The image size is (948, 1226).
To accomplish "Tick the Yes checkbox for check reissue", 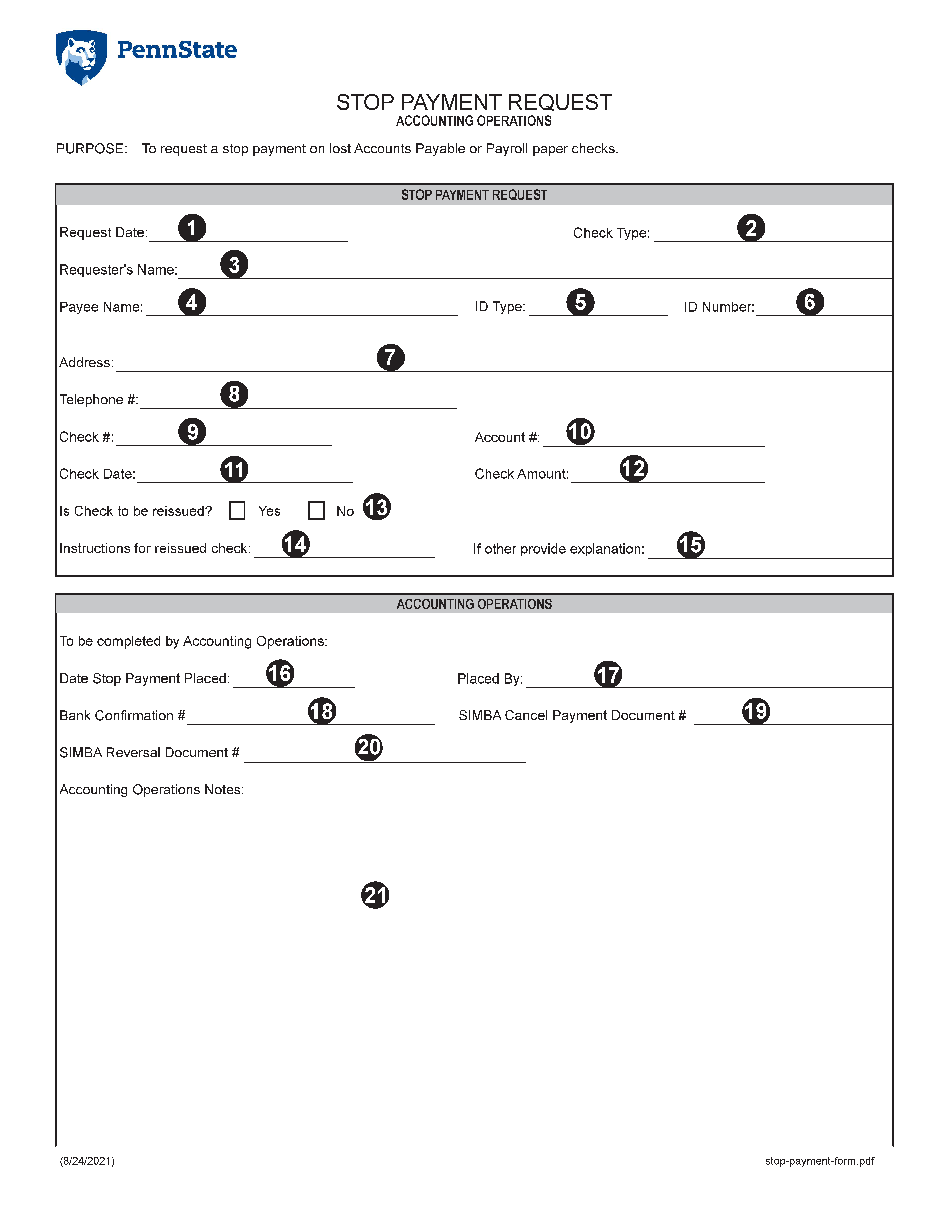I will click(237, 511).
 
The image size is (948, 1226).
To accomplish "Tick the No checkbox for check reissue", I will click(316, 511).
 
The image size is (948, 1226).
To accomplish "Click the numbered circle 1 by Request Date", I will click(192, 228).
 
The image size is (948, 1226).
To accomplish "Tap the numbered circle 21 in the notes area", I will click(375, 895).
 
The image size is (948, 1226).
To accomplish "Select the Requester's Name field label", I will click(118, 270).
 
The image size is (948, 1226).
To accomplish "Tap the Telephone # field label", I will click(98, 400).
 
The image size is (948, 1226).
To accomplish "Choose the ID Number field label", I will click(718, 307).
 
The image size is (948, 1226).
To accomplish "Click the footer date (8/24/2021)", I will click(87, 1161).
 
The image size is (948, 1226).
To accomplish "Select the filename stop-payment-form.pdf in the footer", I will click(819, 1161).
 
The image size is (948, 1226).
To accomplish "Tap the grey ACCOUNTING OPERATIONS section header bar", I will click(474, 604).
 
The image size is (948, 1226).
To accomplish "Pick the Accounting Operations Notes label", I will click(152, 790).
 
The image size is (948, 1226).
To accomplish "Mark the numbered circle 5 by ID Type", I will click(580, 302).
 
